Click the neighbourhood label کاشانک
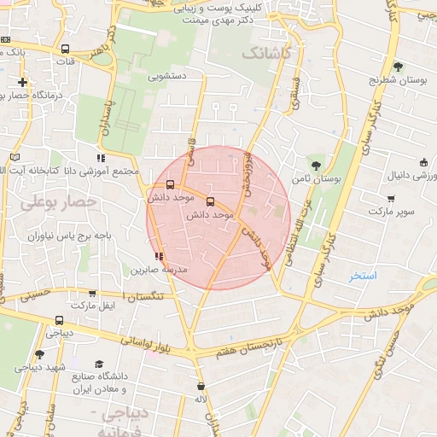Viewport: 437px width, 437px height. point(266,54)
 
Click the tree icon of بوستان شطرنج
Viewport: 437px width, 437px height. point(398,67)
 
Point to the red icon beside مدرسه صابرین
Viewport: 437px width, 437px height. point(159,255)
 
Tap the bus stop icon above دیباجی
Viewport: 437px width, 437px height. point(59,321)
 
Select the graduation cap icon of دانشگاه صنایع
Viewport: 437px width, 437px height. point(100,364)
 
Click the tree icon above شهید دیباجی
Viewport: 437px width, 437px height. point(39,354)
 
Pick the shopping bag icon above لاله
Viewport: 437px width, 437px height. point(201,386)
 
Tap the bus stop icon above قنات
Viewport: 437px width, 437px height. point(67,49)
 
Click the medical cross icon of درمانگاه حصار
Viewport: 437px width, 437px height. point(22,83)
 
